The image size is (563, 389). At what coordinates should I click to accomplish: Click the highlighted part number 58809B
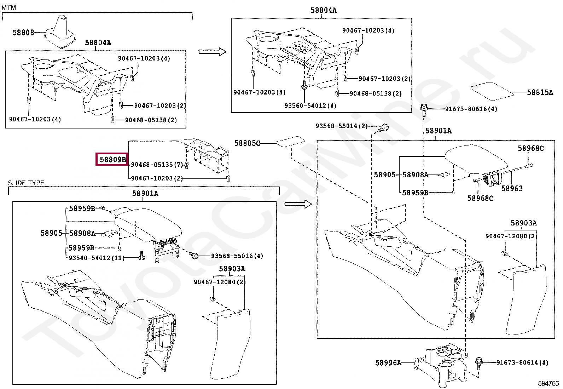112,160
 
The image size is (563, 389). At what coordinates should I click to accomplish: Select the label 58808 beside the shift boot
23,33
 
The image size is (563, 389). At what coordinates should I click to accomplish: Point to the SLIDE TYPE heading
26,183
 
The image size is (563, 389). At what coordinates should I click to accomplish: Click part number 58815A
540,92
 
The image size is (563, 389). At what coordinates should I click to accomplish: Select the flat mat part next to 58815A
492,91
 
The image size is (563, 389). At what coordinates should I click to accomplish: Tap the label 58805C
247,143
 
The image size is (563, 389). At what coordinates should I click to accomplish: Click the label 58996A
388,363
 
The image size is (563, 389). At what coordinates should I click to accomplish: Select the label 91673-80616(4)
471,109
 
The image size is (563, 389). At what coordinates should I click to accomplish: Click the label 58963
512,189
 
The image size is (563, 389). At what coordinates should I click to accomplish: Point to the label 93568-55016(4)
237,256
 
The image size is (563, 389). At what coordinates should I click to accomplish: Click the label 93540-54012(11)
97,258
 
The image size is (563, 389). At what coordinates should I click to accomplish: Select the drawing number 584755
549,383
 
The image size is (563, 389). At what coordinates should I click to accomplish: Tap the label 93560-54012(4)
310,106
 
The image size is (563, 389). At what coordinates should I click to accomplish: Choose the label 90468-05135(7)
157,165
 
